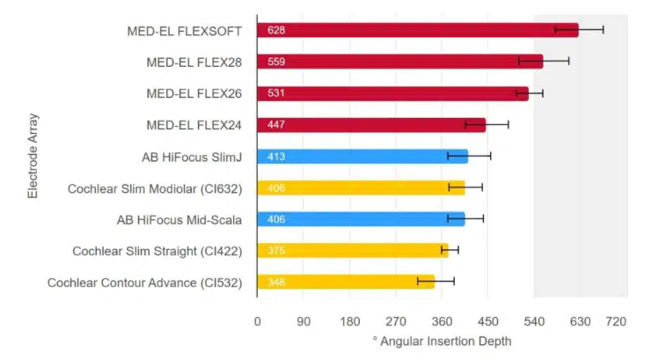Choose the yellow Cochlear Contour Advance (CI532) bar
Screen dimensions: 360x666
pos(343,283)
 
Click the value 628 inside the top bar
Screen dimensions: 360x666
pos(277,31)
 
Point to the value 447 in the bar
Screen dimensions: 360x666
pos(277,125)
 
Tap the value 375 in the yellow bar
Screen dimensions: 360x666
pos(277,251)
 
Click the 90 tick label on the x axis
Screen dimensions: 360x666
pos(304,322)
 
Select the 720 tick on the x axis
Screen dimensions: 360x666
pos(616,322)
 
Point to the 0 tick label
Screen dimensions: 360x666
pos(258,322)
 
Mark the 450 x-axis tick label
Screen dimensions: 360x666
pos(488,322)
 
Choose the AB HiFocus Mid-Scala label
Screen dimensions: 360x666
pos(179,219)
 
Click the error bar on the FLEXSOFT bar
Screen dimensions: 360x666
pos(579,30)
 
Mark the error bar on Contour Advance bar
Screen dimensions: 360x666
pos(435,282)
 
